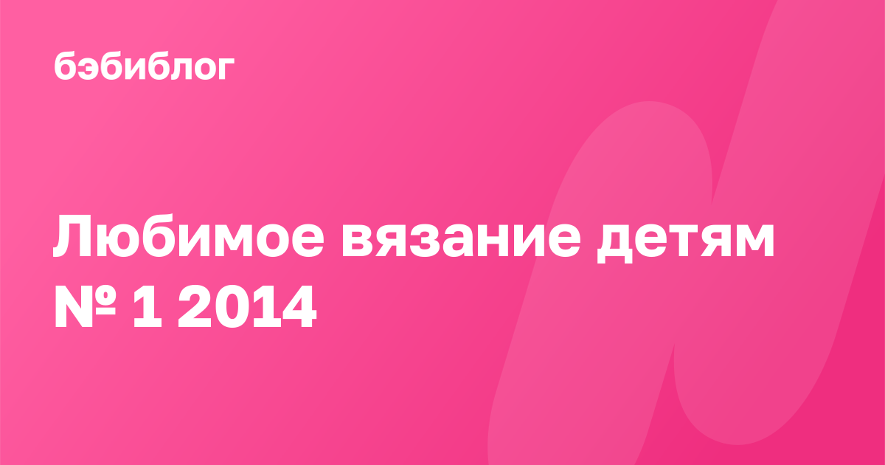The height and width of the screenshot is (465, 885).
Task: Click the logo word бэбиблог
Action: (145, 66)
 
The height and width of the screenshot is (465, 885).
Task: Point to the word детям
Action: (685, 242)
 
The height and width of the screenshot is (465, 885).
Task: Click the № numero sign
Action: (85, 306)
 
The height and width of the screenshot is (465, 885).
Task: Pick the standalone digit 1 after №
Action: (147, 306)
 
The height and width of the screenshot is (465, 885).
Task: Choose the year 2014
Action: (247, 307)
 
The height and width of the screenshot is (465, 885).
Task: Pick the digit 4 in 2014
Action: (298, 307)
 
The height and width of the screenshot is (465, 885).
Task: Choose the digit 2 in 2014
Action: (195, 306)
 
